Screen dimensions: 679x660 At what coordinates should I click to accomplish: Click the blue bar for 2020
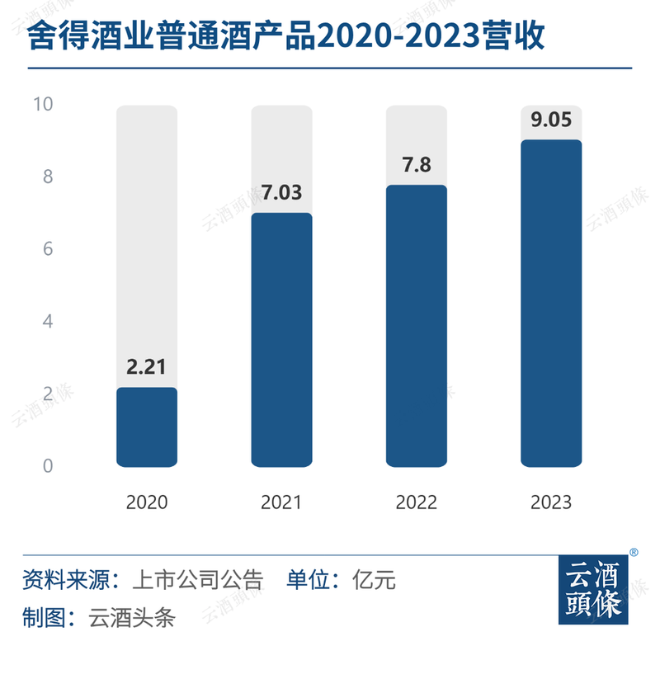147,427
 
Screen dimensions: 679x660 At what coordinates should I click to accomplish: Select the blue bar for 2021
281,340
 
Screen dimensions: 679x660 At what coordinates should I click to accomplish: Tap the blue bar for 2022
417,326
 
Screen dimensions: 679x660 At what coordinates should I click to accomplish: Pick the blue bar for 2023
551,303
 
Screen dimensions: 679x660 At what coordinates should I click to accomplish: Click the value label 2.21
147,367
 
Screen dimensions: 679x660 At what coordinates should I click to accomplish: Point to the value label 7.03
281,193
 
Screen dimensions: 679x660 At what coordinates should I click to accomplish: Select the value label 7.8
417,165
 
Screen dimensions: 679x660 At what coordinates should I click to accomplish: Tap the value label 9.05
551,120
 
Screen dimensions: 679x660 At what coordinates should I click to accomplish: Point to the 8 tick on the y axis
47,177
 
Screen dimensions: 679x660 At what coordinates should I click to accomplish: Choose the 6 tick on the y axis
47,249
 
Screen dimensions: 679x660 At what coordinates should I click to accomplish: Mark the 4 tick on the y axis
47,321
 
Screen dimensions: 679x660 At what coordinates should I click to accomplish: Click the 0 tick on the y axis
47,466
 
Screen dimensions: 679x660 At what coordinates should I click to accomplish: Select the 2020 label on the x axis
147,502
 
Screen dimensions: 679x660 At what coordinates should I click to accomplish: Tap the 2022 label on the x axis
417,502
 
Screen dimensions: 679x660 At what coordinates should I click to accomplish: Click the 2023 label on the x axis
551,502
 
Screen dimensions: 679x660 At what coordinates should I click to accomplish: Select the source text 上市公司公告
197,580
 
